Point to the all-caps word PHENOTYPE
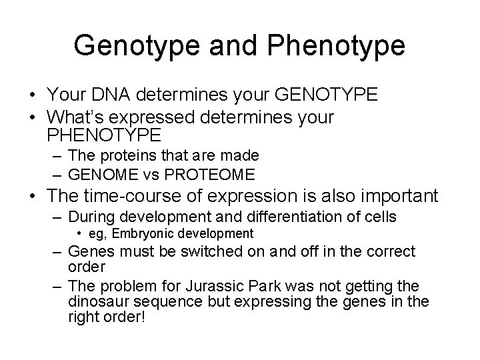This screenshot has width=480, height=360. (104, 135)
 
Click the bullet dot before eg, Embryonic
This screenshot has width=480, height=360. (79, 233)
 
